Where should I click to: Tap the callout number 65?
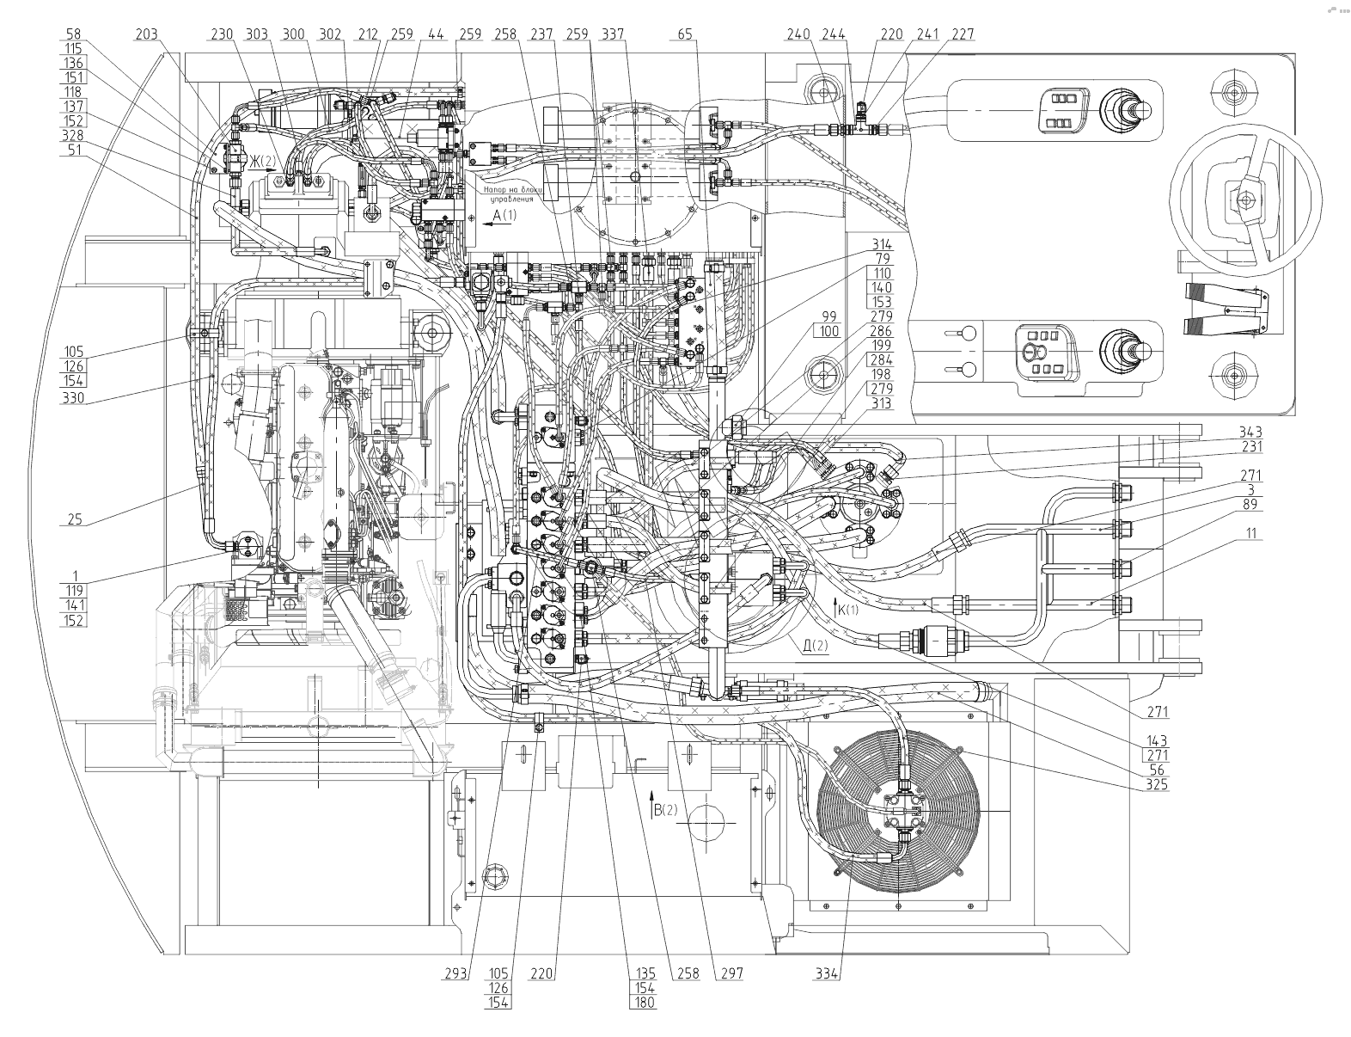(x=685, y=35)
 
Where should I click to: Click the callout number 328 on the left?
(x=73, y=136)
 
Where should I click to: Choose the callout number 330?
(x=73, y=396)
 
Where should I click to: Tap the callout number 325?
(x=1157, y=784)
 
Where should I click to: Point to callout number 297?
(x=732, y=974)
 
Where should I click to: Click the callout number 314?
(x=881, y=244)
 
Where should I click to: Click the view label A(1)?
(x=504, y=216)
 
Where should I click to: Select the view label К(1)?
(x=846, y=610)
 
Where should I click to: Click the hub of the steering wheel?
(x=1243, y=200)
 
